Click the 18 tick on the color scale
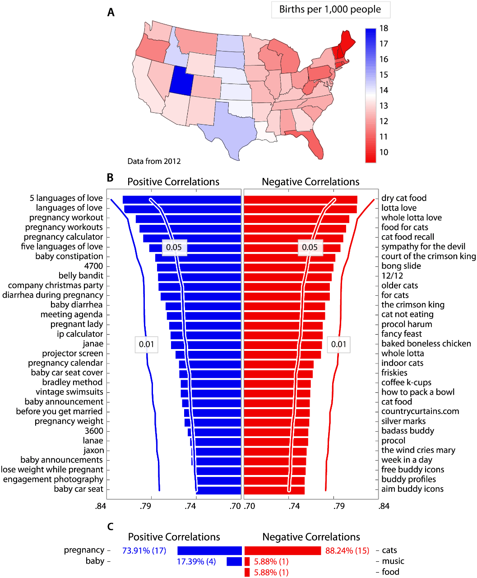[x=384, y=28]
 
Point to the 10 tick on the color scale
[x=384, y=152]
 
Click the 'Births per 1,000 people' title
[x=330, y=9]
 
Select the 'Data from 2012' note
[x=154, y=161]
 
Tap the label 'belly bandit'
[x=81, y=275]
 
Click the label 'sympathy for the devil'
[x=423, y=247]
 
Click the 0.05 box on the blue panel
[x=174, y=247]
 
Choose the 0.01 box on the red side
[x=338, y=344]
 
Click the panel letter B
[x=110, y=178]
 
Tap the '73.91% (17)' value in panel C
[x=144, y=550]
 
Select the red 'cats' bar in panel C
[x=282, y=550]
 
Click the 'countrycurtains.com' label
[x=420, y=411]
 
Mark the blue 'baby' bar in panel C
[x=234, y=561]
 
